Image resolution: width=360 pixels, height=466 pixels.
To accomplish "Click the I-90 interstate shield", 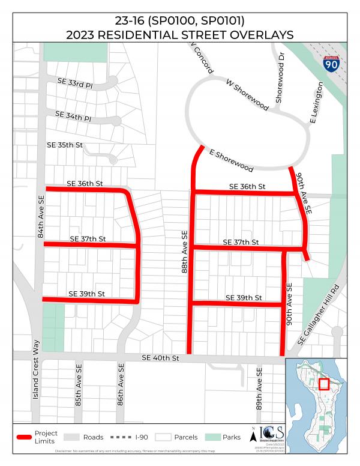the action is pos(329,63).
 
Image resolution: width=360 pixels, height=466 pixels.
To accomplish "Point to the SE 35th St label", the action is pos(65,145).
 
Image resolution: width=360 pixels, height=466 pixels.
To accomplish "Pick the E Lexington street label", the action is pos(317,103).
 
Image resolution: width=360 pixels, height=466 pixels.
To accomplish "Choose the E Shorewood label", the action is pos(231,160).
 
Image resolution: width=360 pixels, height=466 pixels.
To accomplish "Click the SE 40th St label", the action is pos(161,358).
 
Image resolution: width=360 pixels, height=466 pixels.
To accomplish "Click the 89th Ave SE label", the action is pos(259,389).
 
